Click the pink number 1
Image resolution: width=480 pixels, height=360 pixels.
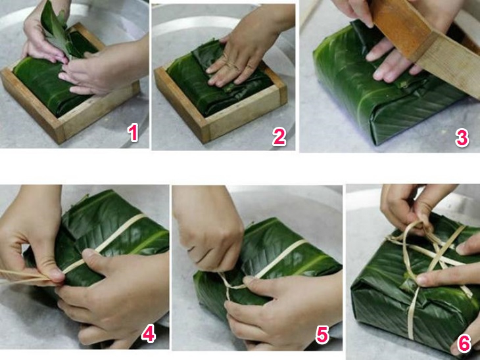[x=133, y=133]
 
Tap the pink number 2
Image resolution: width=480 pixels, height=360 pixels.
[x=279, y=137]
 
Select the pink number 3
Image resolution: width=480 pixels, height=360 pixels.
[x=462, y=138]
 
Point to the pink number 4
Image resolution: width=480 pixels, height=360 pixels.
[x=148, y=333]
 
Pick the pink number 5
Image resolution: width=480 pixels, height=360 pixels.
[x=322, y=334]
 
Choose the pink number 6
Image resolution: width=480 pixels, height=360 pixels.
[x=464, y=343]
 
